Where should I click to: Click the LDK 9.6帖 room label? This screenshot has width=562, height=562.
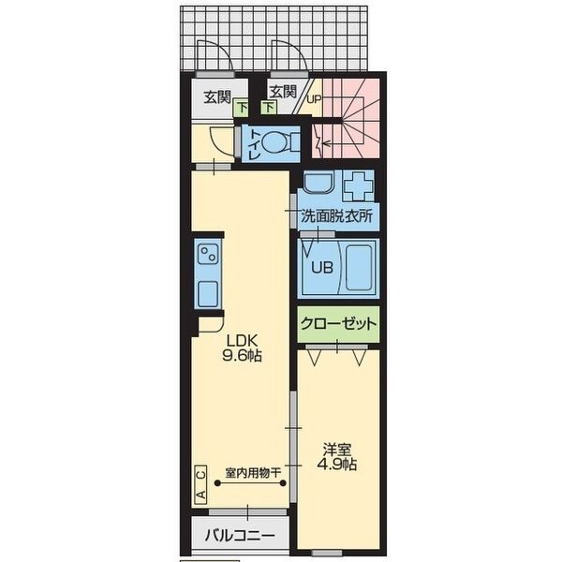click(x=243, y=348)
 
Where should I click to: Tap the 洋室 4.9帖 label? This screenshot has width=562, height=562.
click(x=337, y=457)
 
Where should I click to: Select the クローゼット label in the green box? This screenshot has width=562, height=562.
click(x=338, y=324)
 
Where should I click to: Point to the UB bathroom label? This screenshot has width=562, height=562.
click(x=322, y=267)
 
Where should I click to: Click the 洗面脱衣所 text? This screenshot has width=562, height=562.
click(x=337, y=215)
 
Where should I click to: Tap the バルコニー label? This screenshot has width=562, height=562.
click(x=240, y=536)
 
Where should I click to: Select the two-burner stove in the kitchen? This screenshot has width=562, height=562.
click(x=208, y=254)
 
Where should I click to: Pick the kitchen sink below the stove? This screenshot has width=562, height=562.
click(x=208, y=293)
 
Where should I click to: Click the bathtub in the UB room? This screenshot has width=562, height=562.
click(x=359, y=267)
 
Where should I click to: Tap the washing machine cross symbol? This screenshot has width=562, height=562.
click(x=359, y=186)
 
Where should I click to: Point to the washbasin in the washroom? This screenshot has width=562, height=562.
click(x=319, y=182)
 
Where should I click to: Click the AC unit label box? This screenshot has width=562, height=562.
click(x=201, y=484)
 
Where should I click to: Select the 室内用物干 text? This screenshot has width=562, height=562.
click(x=253, y=473)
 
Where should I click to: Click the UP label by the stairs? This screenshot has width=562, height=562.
click(x=314, y=99)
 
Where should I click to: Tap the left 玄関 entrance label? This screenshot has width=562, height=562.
click(x=217, y=96)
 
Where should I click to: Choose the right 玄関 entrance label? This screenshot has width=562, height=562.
click(x=283, y=92)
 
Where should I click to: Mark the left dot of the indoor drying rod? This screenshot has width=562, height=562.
click(x=217, y=483)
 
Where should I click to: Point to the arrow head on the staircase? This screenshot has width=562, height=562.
click(x=325, y=144)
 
